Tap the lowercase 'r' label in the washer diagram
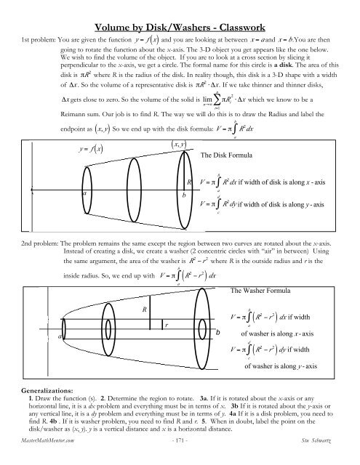pos(167,344)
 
